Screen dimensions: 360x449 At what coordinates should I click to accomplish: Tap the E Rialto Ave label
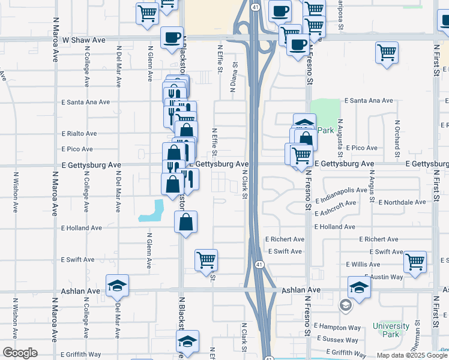79,134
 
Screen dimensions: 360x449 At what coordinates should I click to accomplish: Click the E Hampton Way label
337,328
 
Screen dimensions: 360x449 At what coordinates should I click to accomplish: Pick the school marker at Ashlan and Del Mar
118,285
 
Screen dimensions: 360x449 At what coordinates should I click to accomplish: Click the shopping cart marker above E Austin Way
415,262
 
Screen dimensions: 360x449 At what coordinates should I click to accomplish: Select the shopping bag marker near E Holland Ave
186,222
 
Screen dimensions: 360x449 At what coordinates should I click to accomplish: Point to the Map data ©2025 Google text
411,355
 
